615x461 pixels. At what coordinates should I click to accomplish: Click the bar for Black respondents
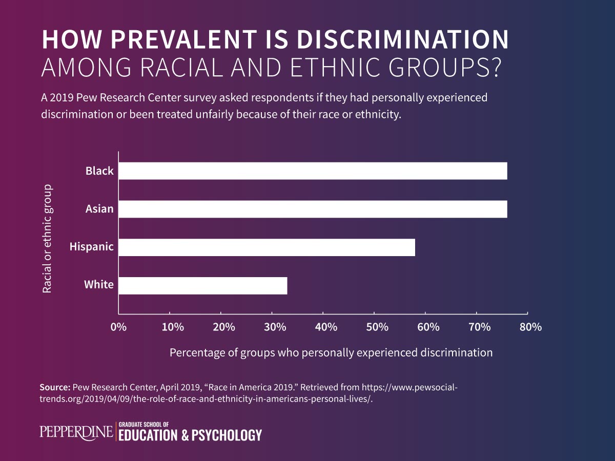click(313, 171)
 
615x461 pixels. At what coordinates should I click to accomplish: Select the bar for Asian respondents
click(313, 209)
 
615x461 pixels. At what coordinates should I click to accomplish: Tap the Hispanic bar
click(266, 247)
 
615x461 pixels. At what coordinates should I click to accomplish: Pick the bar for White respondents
click(202, 286)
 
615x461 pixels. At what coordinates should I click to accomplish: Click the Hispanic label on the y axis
click(91, 247)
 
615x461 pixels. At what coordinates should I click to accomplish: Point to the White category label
click(99, 284)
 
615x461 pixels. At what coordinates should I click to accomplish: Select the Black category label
click(99, 171)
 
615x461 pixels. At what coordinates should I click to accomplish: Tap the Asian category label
click(99, 209)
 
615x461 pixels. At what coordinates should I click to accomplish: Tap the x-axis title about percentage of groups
click(331, 352)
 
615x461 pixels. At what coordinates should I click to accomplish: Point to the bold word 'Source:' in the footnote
click(55, 388)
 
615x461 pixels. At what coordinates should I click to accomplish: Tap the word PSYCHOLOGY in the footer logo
click(226, 436)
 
